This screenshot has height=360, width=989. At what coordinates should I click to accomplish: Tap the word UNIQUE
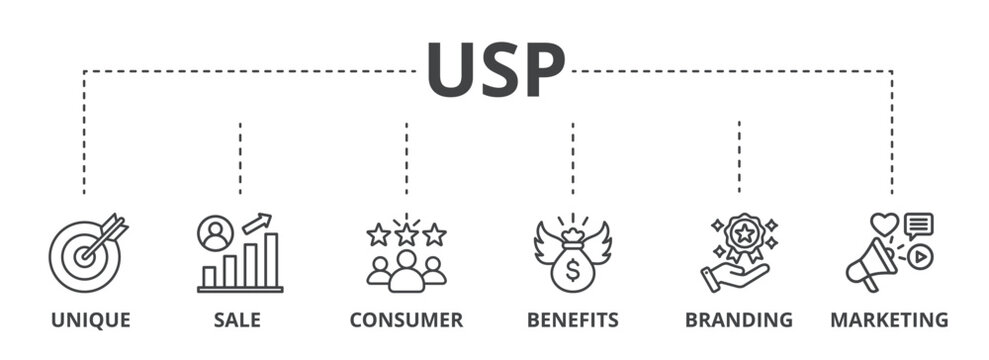(x=91, y=320)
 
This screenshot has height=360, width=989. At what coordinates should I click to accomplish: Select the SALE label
(x=237, y=320)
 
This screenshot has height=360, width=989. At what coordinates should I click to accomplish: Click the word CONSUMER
(x=406, y=320)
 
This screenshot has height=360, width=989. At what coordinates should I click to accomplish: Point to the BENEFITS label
(x=573, y=320)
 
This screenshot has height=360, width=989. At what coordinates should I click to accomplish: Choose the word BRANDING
(x=739, y=320)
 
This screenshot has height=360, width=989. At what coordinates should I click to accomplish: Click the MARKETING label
(x=889, y=320)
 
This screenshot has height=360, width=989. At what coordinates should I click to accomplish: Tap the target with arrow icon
(x=86, y=253)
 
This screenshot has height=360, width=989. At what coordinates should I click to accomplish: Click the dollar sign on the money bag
(x=572, y=269)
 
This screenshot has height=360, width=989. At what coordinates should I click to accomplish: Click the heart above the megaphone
(x=884, y=224)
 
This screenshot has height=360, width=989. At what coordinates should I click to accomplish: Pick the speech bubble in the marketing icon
(x=918, y=225)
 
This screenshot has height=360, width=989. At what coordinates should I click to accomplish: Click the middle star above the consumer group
(x=406, y=235)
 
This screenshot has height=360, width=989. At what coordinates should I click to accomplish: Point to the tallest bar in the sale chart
(x=271, y=259)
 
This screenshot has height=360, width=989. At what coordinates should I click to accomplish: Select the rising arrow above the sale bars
(x=257, y=222)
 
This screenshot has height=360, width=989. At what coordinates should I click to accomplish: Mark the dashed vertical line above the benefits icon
(x=573, y=158)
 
